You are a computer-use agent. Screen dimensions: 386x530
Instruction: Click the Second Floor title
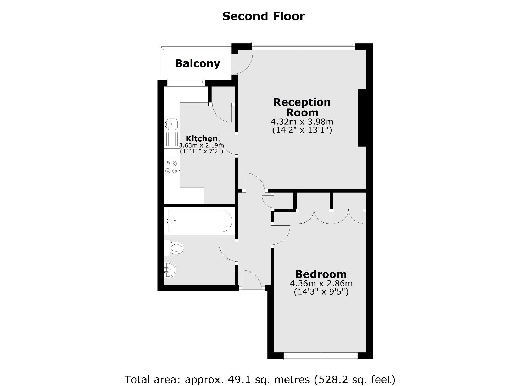tap(263, 16)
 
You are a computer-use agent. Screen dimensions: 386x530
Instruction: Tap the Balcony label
tap(197, 63)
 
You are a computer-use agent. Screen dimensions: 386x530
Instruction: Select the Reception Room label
tap(302, 107)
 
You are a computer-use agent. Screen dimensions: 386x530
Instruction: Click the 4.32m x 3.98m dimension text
tap(302, 122)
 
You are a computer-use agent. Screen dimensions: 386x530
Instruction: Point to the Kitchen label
tap(202, 138)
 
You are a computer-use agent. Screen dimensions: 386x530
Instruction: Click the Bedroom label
tap(321, 274)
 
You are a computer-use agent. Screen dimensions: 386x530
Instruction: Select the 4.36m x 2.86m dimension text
tap(321, 284)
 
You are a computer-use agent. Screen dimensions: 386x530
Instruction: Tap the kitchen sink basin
tap(172, 123)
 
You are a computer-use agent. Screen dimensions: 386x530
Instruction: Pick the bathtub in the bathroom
tap(200, 221)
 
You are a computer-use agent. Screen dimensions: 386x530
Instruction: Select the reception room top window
tap(303, 46)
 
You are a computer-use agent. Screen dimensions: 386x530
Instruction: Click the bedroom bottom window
tap(320, 356)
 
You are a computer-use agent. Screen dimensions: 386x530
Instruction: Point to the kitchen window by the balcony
tap(186, 82)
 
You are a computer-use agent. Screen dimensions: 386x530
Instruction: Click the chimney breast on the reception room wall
tap(362, 118)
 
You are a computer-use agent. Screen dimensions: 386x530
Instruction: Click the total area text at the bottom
tap(259, 379)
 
